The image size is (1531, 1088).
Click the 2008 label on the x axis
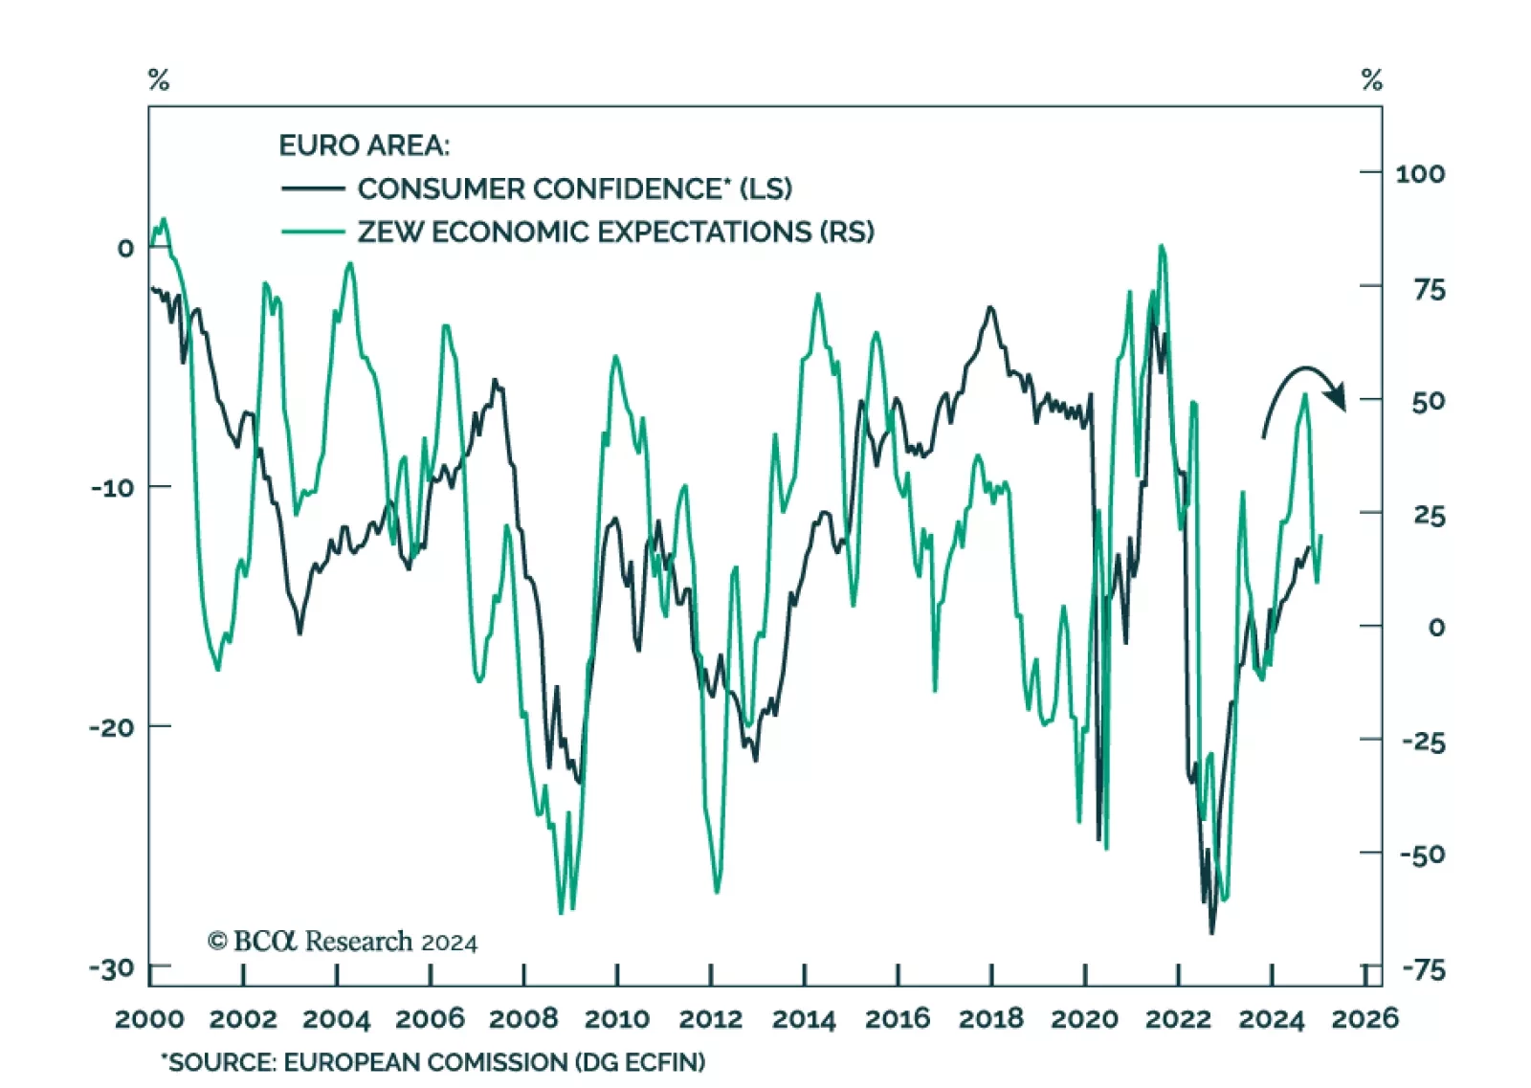(523, 1018)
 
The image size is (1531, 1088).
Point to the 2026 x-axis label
(1365, 1018)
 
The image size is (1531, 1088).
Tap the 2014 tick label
(804, 1018)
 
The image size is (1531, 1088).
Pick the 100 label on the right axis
(1420, 173)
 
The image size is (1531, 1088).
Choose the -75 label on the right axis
(1424, 969)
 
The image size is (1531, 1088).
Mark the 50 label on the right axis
(1428, 401)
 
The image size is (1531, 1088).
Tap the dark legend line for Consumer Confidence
(313, 189)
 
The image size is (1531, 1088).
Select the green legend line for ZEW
(313, 232)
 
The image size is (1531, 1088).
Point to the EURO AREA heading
(364, 145)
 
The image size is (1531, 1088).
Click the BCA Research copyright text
(343, 942)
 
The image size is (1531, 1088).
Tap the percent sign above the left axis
(159, 80)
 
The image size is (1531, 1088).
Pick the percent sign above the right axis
(1372, 80)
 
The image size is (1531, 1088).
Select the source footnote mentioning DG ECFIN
(433, 1062)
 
